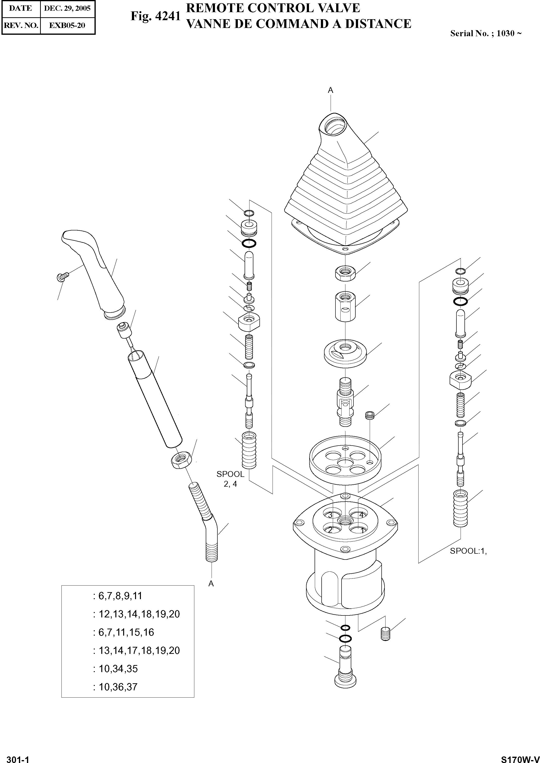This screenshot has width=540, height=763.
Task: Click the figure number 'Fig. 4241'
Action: (x=155, y=16)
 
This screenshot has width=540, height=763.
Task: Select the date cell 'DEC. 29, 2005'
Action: (x=67, y=8)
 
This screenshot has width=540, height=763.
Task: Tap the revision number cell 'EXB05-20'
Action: (x=67, y=25)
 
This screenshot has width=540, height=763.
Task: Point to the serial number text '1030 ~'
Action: (x=509, y=34)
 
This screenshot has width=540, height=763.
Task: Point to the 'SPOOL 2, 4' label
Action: (x=230, y=479)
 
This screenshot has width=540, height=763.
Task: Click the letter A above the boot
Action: (x=331, y=90)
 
